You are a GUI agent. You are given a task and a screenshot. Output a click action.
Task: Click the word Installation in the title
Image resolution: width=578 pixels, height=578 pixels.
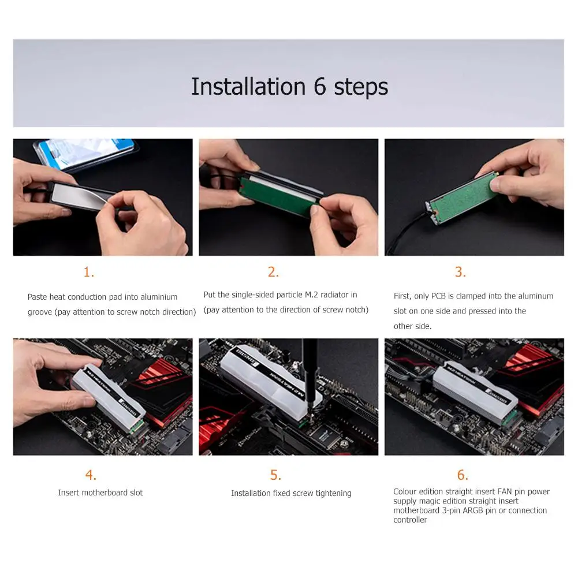pyautogui.click(x=248, y=87)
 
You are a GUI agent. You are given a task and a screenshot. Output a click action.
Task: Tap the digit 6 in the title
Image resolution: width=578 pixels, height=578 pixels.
pyautogui.click(x=319, y=87)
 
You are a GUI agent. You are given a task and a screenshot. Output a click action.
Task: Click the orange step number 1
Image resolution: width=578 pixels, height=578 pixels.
pyautogui.click(x=89, y=272)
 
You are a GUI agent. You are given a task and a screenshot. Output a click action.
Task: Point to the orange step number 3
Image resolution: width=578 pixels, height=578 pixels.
pyautogui.click(x=460, y=272)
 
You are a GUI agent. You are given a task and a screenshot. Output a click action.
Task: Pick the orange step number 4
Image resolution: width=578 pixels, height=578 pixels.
pyautogui.click(x=91, y=475)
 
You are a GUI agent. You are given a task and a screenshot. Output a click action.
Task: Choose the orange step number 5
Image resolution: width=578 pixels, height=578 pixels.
pyautogui.click(x=276, y=475)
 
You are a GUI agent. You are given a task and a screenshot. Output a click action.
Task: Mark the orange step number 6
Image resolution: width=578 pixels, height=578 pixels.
pyautogui.click(x=463, y=475)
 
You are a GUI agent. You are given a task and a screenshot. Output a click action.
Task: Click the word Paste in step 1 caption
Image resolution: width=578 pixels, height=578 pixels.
pyautogui.click(x=37, y=297)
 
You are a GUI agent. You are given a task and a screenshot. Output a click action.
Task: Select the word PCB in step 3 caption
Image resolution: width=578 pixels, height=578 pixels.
pyautogui.click(x=438, y=296)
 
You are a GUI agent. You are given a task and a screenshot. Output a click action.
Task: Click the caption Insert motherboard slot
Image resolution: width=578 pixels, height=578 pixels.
pyautogui.click(x=100, y=493)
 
